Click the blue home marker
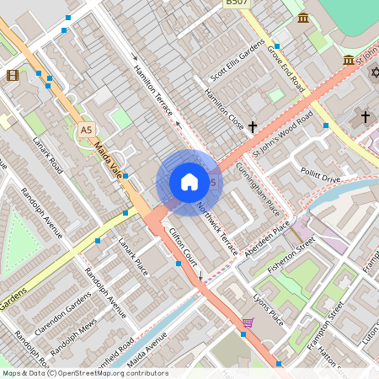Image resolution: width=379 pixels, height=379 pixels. [189, 182]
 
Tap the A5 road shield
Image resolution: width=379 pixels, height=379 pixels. [85, 130]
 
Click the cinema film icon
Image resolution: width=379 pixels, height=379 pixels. [13, 75]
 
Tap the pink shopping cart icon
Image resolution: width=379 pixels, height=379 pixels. [248, 322]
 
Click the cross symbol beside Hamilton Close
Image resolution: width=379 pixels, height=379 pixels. [252, 126]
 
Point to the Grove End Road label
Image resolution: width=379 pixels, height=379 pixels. [286, 67]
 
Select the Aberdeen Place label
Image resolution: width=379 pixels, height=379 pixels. [268, 240]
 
